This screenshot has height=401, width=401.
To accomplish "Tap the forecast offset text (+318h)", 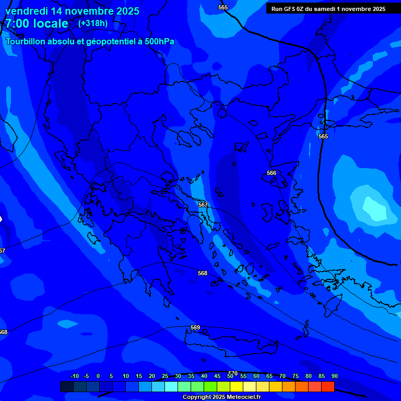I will pyautogui.click(x=92, y=23).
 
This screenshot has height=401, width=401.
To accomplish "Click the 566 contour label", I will pyautogui.click(x=272, y=173).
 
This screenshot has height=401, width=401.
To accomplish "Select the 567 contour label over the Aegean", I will pyautogui.click(x=203, y=205).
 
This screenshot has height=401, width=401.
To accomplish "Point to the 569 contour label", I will pyautogui.click(x=195, y=327).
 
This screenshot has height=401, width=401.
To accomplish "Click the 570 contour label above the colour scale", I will pyautogui.click(x=233, y=373).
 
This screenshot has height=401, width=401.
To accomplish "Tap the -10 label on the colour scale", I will pyautogui.click(x=75, y=376).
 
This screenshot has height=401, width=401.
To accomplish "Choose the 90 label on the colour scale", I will pyautogui.click(x=334, y=376).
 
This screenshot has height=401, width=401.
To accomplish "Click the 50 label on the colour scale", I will pyautogui.click(x=230, y=376).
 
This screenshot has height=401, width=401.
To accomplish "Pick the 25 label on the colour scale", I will pyautogui.click(x=165, y=376).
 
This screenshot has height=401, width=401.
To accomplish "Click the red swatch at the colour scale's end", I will pyautogui.click(x=327, y=386).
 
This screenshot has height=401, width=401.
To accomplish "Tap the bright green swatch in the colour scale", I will pyautogui.click(x=210, y=386).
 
